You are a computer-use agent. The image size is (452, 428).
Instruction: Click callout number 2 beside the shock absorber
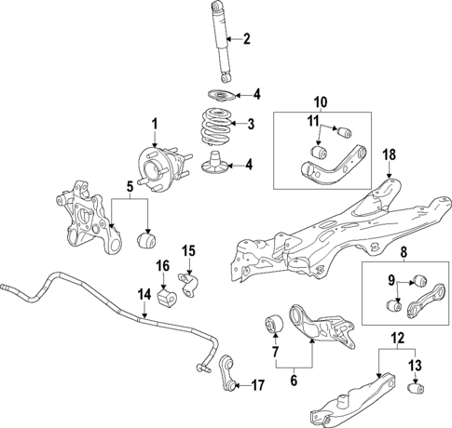(x=247, y=39)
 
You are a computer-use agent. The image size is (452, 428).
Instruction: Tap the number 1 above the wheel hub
(x=156, y=123)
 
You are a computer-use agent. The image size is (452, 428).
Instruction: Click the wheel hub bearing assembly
(x=154, y=163)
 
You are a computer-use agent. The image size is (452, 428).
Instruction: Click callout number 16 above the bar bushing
(x=162, y=267)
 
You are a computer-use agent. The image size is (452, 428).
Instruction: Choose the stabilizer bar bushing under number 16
(x=168, y=298)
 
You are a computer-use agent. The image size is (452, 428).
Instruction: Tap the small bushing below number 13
(x=418, y=386)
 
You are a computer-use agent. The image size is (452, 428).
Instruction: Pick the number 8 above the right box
(x=403, y=250)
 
